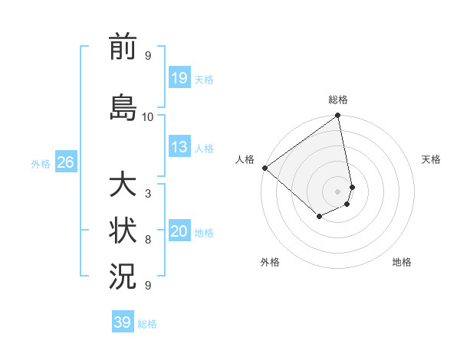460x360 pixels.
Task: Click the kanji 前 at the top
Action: pos(123,48)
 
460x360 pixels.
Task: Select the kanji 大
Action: pos(123,186)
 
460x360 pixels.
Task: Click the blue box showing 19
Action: pos(179,78)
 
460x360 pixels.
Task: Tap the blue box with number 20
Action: pos(179,232)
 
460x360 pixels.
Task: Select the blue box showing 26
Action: pos(65,162)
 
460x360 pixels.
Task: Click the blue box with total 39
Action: pos(123,322)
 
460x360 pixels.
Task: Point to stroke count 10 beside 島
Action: pos(148,117)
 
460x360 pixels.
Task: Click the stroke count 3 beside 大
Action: pos(148,194)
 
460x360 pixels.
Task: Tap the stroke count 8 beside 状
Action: pos(148,240)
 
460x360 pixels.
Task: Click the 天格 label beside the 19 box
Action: pos(204,79)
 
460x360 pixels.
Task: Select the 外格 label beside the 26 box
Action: pos(41,163)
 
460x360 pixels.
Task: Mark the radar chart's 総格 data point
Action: pos(337,116)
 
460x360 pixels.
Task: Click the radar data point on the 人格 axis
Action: pos(264,168)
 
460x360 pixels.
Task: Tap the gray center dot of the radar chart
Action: pos(337,191)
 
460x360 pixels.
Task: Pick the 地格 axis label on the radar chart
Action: pos(402,262)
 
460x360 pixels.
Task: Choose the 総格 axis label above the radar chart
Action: pos(338,100)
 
